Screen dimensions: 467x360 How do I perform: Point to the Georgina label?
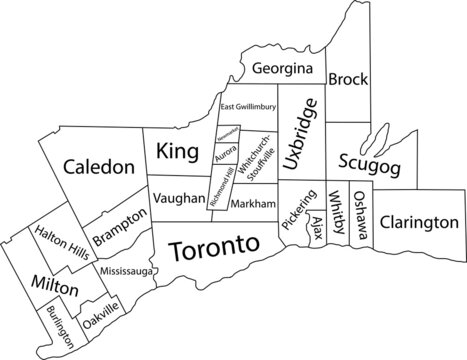click(x=285, y=70)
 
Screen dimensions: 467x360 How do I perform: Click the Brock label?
click(x=348, y=78)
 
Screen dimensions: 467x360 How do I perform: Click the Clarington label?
click(x=420, y=221)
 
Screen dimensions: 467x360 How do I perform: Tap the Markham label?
click(x=252, y=203)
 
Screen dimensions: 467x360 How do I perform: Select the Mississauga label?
click(x=128, y=270)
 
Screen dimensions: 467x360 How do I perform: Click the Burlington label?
click(x=57, y=326)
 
